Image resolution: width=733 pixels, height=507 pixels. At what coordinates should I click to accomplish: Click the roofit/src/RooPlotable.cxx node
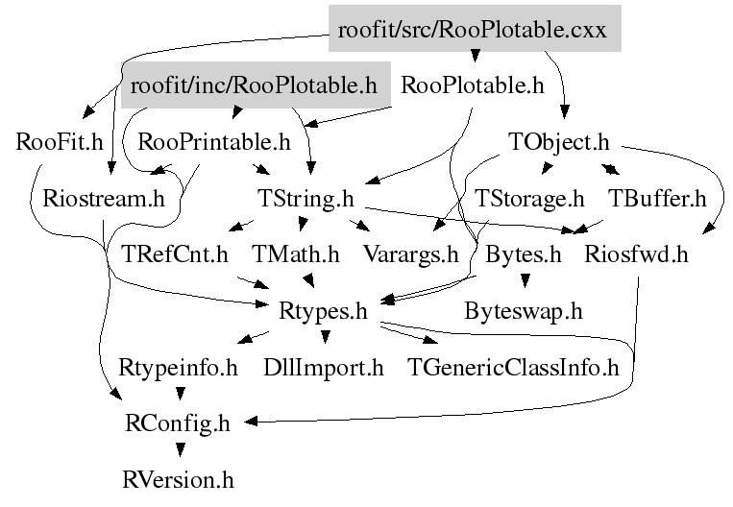pos(474,29)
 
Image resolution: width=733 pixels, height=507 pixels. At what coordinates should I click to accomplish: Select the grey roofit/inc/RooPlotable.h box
pos(255,85)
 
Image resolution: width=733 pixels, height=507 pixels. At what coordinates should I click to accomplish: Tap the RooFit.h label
pos(60,142)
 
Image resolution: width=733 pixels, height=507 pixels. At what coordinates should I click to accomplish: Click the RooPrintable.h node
pos(214,142)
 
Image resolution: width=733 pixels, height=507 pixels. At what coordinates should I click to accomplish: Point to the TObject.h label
pos(558,142)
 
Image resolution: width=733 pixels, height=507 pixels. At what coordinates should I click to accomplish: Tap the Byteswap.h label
pos(523,311)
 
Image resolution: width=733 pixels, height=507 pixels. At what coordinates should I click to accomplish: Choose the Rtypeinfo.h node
pos(179,367)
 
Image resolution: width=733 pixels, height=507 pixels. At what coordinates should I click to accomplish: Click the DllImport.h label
pos(324,367)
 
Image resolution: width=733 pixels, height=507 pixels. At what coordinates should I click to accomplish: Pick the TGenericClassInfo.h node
pos(514,367)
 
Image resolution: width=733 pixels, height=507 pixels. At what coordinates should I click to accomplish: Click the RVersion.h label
pos(179,478)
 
